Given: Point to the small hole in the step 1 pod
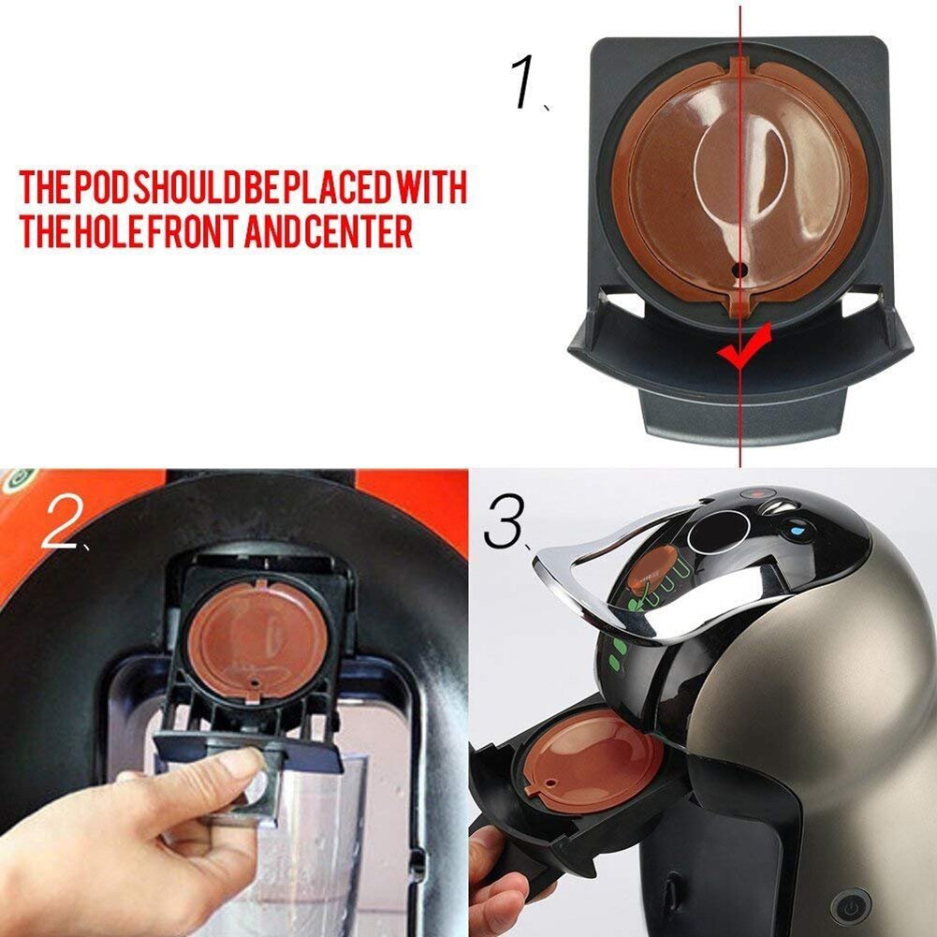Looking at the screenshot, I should point(739,269).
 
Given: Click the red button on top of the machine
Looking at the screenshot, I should point(754,494).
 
